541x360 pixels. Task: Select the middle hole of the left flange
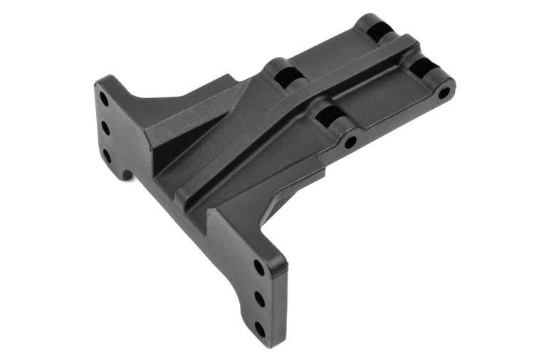106,127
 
